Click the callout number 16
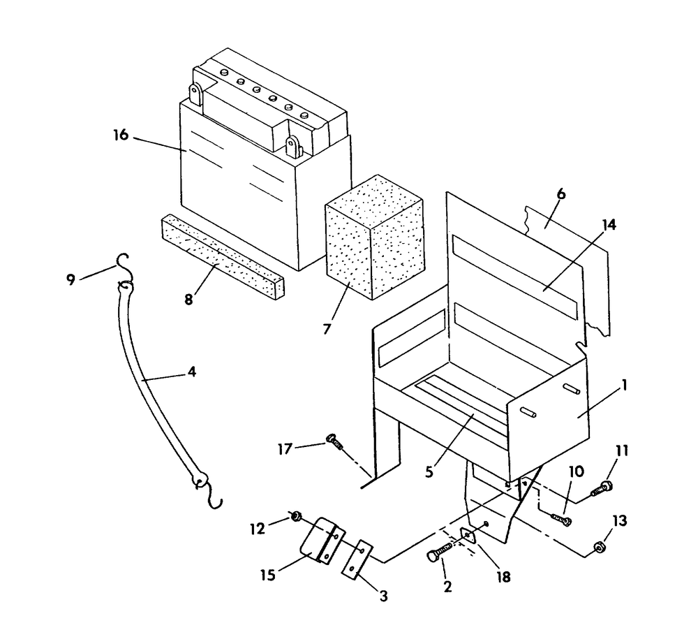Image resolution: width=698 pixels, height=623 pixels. (121, 135)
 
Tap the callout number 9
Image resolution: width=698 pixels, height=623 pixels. (70, 279)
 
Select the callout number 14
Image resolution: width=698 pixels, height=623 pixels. (609, 225)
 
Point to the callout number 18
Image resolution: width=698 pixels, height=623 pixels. (503, 577)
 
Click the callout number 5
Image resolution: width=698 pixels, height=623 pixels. (429, 472)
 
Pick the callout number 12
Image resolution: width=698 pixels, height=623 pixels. (258, 529)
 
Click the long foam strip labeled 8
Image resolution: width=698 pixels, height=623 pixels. (222, 257)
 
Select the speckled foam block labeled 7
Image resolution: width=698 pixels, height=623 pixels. (374, 237)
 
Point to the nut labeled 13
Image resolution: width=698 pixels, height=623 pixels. (599, 548)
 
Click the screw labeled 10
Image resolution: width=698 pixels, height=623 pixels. (561, 519)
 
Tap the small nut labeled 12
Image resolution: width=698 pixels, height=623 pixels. (295, 517)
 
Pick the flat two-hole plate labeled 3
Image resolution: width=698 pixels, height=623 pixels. (357, 559)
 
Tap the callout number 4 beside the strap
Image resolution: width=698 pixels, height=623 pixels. (191, 372)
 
